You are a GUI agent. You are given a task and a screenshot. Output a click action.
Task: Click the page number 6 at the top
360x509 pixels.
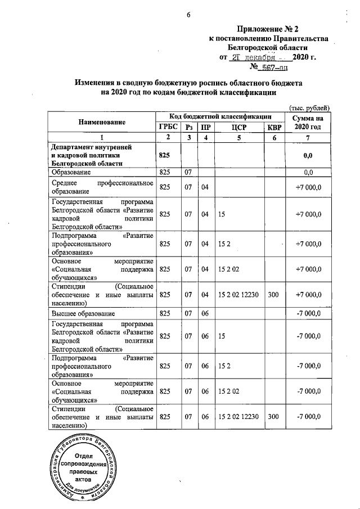point(188,16)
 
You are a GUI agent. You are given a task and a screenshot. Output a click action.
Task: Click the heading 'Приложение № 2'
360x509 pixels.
point(281,28)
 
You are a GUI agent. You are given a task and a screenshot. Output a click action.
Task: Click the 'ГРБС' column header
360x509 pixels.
point(168,127)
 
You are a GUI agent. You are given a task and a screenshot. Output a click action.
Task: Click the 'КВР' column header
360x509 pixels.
point(273,127)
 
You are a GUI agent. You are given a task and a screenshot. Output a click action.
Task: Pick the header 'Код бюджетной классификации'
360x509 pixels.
point(220,116)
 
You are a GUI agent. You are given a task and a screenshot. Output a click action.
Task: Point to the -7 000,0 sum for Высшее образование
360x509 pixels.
point(308,313)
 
